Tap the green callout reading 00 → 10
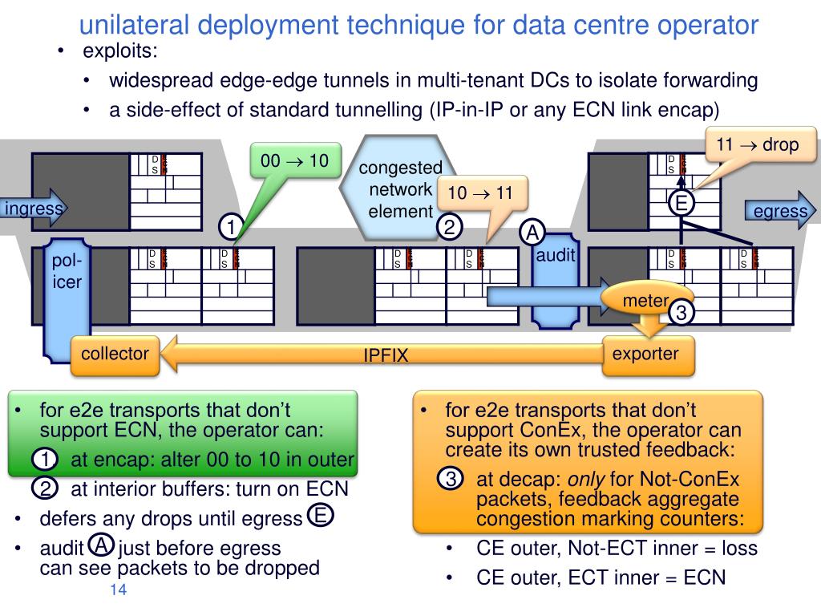[x=295, y=161]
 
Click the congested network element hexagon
[x=400, y=189]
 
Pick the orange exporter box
[x=646, y=355]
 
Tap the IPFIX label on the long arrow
[x=386, y=355]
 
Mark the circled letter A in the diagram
[x=532, y=233]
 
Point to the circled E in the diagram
[x=681, y=204]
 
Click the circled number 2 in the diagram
[x=450, y=228]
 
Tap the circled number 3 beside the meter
[x=681, y=313]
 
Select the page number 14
[x=118, y=591]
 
